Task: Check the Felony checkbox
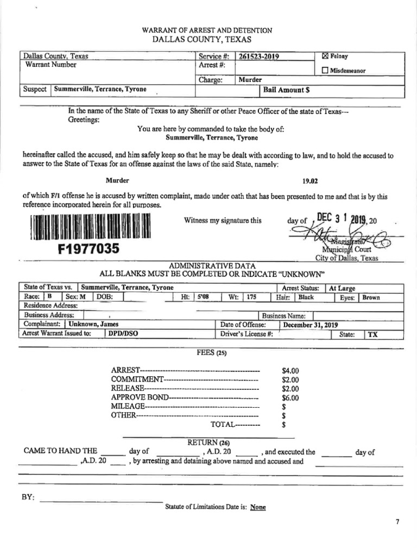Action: coord(325,56)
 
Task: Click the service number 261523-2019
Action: coord(259,56)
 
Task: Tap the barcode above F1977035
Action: coord(90,227)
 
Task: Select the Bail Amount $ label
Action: coord(287,90)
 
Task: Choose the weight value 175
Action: coord(251,298)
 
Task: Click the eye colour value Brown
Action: coord(371,298)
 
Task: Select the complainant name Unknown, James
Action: coord(93,324)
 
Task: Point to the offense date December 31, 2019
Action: coord(311,325)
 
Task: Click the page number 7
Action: coord(397,522)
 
